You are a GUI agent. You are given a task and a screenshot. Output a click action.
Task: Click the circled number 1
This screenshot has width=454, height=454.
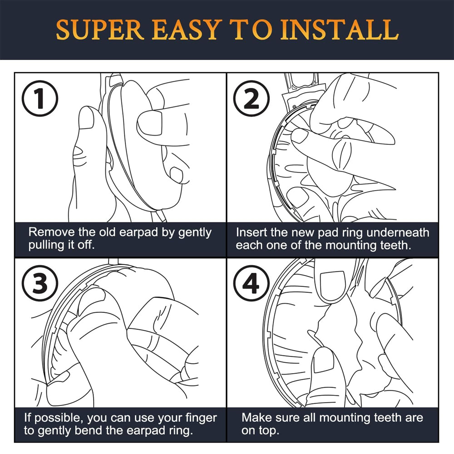click(x=40, y=99)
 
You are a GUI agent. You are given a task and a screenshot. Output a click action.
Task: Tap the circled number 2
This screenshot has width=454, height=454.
click(x=252, y=99)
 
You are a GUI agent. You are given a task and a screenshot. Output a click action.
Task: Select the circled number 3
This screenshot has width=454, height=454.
click(x=40, y=283)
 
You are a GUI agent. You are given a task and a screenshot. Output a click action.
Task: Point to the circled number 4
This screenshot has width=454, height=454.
click(x=252, y=283)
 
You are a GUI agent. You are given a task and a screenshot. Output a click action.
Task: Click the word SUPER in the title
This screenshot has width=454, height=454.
click(x=100, y=30)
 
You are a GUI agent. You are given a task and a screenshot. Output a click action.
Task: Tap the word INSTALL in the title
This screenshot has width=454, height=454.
click(x=340, y=30)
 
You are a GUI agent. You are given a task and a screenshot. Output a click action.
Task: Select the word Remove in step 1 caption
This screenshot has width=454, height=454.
click(x=52, y=232)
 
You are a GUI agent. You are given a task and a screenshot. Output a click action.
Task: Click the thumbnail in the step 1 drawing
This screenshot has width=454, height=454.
click(x=87, y=118)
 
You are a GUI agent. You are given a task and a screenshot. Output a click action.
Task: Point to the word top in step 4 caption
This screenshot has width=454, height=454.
click(x=269, y=431)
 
